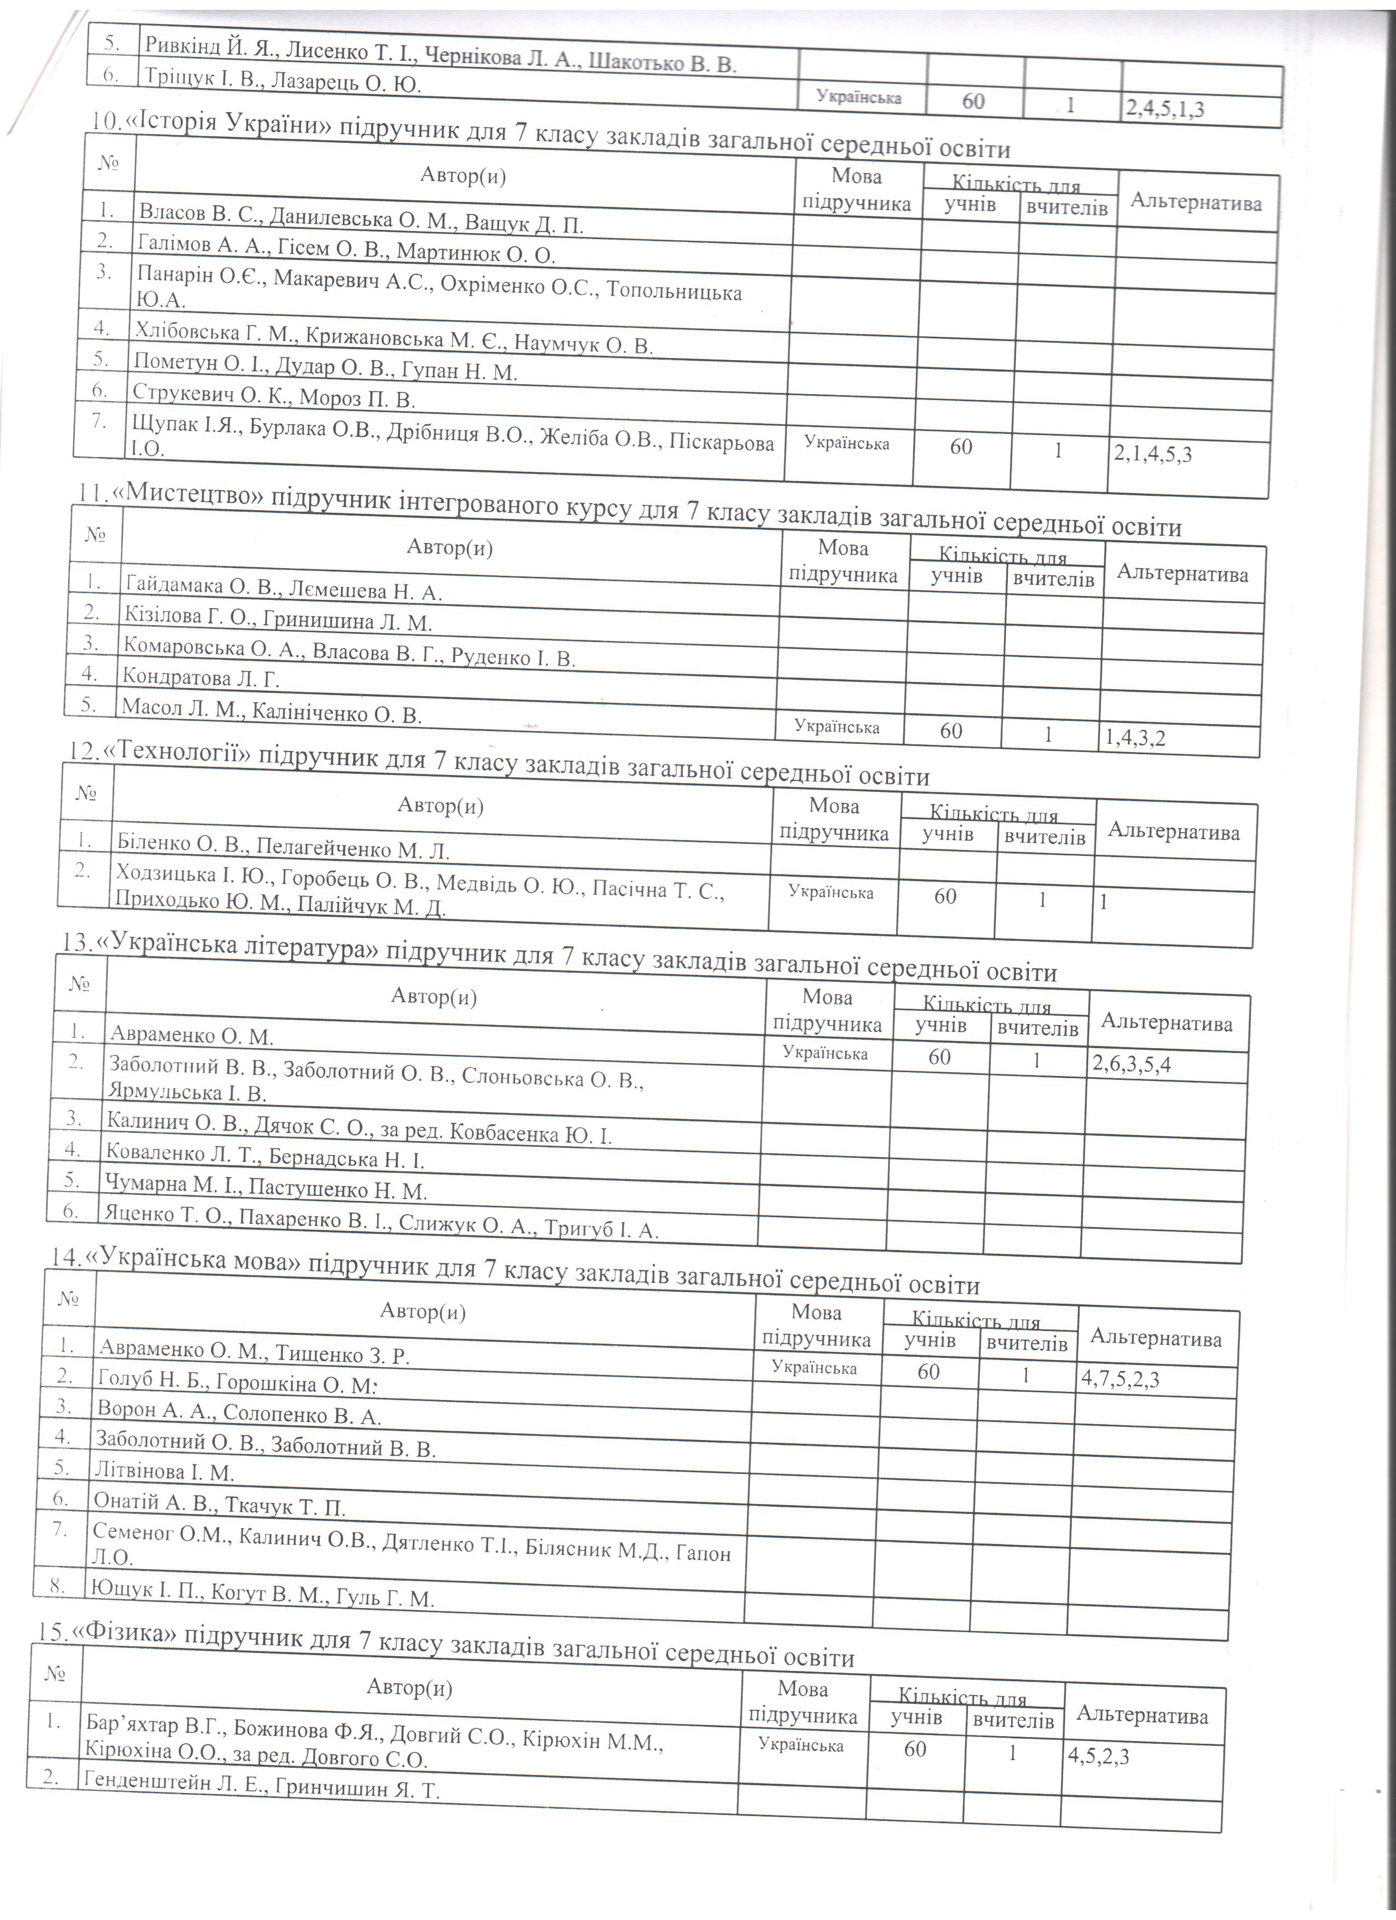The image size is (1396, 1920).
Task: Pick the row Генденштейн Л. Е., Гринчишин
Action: click(x=261, y=1789)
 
